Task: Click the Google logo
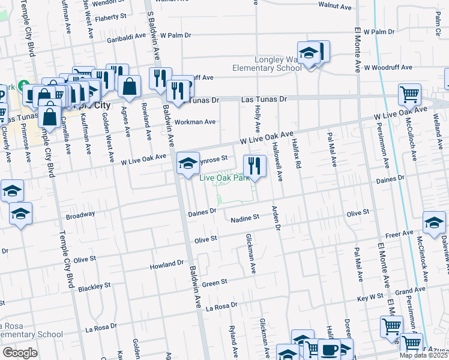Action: click(20, 353)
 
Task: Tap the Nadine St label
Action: click(245, 218)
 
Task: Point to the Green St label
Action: click(214, 283)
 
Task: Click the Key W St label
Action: click(370, 298)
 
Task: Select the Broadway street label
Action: click(80, 215)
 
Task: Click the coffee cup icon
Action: click(328, 349)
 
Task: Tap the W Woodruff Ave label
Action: click(391, 67)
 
